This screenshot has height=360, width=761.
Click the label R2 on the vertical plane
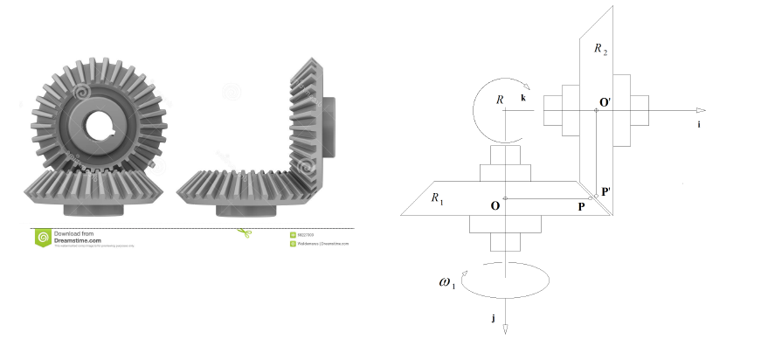click(x=601, y=50)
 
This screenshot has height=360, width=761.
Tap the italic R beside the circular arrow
click(x=501, y=100)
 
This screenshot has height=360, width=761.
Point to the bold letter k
click(x=523, y=98)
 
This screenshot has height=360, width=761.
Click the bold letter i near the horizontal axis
click(x=699, y=126)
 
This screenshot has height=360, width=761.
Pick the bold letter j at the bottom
click(x=494, y=318)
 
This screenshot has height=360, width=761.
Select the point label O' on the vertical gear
click(x=605, y=102)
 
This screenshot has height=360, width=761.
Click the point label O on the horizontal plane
click(x=495, y=206)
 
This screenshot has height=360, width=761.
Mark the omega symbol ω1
click(x=446, y=282)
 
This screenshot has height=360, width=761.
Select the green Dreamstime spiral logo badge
click(x=42, y=238)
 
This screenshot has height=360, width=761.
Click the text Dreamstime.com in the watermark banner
click(x=79, y=240)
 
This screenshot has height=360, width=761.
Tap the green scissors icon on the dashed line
click(x=244, y=232)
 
